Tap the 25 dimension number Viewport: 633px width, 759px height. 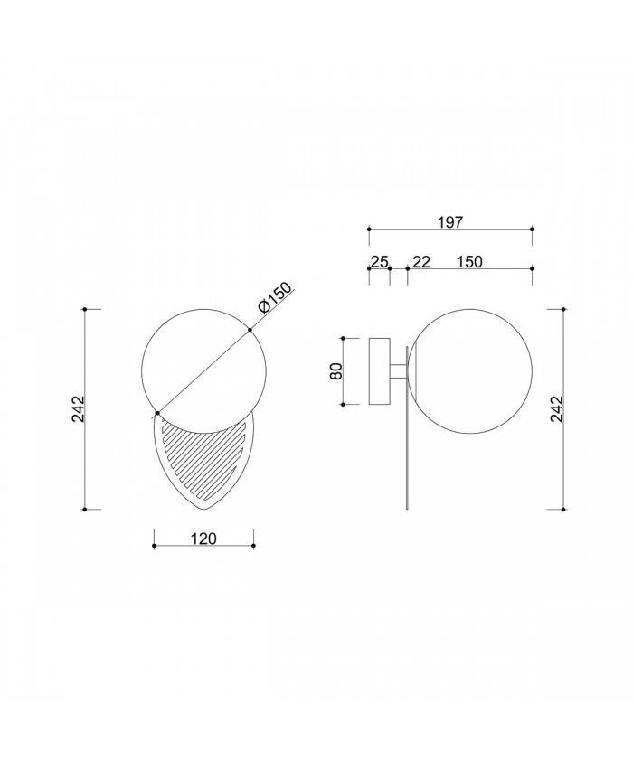[x=379, y=262]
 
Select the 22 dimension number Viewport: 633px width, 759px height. [x=421, y=262]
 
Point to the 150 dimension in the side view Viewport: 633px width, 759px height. [x=469, y=262]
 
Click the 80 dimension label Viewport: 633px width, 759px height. [x=335, y=371]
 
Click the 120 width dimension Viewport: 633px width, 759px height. [x=203, y=539]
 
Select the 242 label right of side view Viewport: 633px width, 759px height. [x=557, y=409]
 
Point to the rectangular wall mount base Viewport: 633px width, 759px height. [x=379, y=371]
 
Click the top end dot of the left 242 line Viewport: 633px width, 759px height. [x=85, y=309]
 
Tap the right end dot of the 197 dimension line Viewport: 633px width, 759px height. [x=532, y=230]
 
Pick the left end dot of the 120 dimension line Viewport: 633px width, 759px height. [x=154, y=546]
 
